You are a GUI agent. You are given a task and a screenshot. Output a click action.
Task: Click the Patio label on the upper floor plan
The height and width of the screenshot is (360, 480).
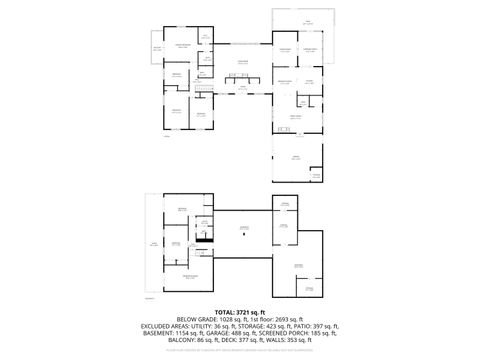coord(307,20)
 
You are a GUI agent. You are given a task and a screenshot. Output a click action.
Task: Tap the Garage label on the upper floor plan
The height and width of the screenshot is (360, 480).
coord(295,158)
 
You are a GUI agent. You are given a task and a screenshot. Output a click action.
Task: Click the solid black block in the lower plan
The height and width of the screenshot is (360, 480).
coord(203,241)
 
